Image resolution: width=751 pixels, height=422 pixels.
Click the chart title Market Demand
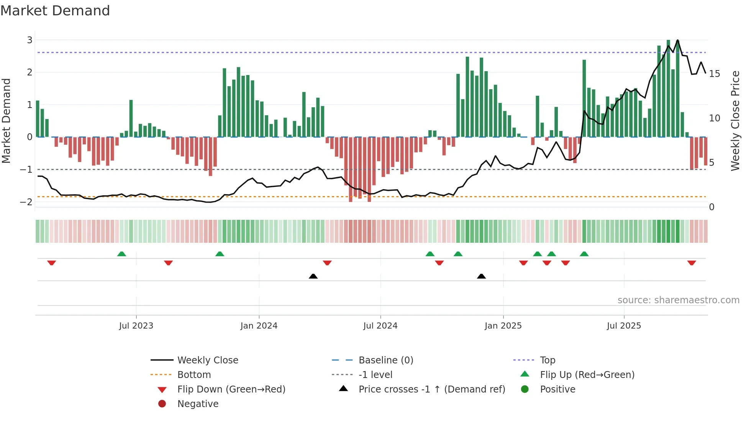tap(55, 10)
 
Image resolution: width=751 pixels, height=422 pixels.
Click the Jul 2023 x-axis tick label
tap(136, 326)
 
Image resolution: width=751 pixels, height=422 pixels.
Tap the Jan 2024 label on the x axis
tap(259, 326)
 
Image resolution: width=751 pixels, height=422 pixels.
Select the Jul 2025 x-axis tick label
tap(624, 326)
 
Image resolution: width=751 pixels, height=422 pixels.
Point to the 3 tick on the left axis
tap(30, 40)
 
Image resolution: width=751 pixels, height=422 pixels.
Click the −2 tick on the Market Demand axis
tap(26, 202)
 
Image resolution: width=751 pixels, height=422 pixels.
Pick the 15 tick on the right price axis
tap(714, 74)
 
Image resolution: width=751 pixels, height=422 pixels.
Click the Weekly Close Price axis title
tap(735, 121)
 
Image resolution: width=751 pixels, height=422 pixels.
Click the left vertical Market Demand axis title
tap(7, 121)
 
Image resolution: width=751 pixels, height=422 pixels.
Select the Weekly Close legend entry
tap(207, 360)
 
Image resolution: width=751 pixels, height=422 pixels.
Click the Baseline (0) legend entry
tap(385, 360)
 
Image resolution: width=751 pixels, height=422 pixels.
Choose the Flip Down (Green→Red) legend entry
tap(231, 389)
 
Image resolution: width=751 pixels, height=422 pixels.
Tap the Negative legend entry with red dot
tap(198, 404)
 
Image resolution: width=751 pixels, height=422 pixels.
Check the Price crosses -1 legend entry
tap(431, 389)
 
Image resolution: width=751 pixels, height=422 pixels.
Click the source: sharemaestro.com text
tap(678, 300)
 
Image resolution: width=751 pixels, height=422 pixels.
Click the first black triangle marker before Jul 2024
tap(313, 276)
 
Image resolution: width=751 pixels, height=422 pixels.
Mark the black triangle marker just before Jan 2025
tap(481, 276)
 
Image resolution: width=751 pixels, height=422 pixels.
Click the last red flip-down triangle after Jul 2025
tap(691, 263)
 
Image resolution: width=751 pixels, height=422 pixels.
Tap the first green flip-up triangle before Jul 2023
tap(121, 254)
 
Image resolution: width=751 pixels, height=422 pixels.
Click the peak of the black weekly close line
tap(677, 40)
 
